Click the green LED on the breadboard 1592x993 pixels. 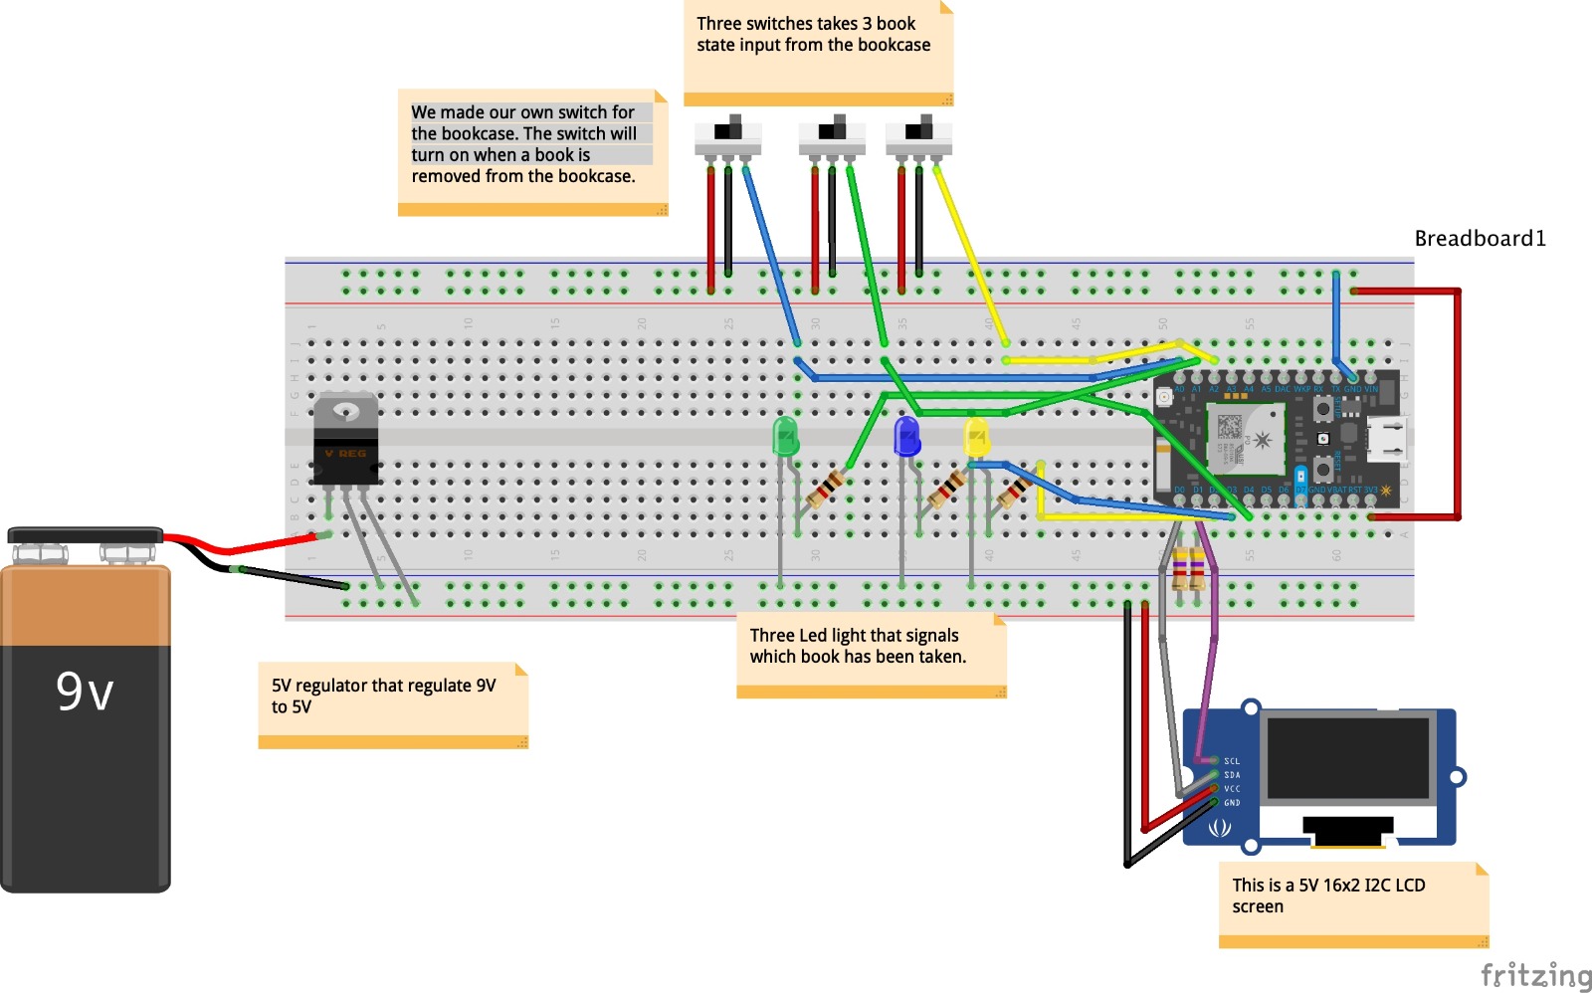pos(785,437)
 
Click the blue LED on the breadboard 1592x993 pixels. pos(906,436)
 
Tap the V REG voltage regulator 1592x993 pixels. pos(345,439)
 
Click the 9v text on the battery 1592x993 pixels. pos(85,691)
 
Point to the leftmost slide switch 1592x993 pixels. pos(728,136)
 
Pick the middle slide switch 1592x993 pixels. pos(832,136)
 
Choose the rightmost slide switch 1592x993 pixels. pos(918,136)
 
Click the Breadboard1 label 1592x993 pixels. pos(1480,238)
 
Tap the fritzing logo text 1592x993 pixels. pos(1535,975)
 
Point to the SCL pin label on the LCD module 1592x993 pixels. pos(1232,761)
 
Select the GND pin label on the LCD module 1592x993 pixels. pos(1232,803)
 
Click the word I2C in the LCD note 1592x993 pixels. pos(1380,886)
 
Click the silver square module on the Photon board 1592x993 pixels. pos(1245,439)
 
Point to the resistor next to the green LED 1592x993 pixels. pos(826,490)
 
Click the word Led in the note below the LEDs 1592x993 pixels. pos(813,636)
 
